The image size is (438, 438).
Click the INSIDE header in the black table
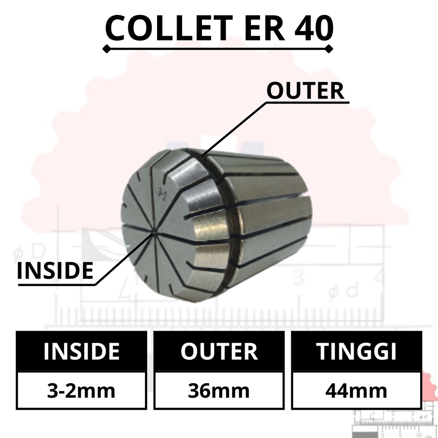pyautogui.click(x=81, y=351)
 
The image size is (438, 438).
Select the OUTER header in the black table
pyautogui.click(x=219, y=351)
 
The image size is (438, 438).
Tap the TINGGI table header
pyautogui.click(x=356, y=351)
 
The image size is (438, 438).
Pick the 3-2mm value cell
pyautogui.click(x=81, y=391)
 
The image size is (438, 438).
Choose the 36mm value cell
pyautogui.click(x=219, y=391)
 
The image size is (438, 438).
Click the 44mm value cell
pyautogui.click(x=356, y=391)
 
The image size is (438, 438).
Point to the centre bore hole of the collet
pyautogui.click(x=154, y=233)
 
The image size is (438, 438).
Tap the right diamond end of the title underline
pyautogui.click(x=329, y=50)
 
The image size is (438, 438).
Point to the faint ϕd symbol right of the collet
pyautogui.click(x=343, y=291)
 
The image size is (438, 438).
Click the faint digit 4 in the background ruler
pyautogui.click(x=378, y=277)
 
